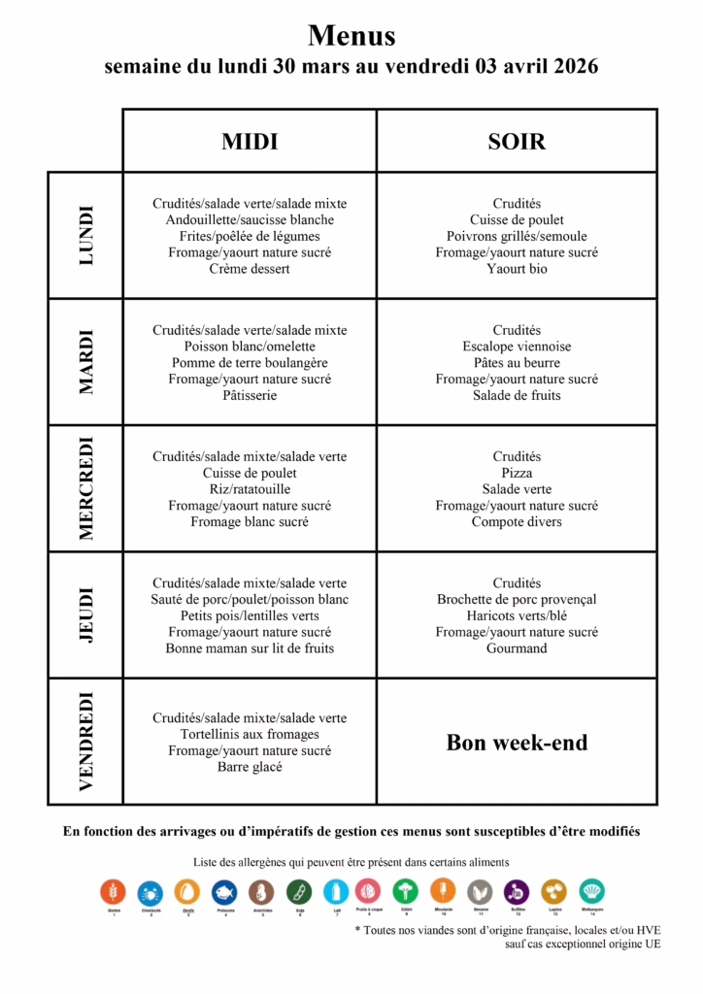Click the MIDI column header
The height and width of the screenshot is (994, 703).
coord(250,142)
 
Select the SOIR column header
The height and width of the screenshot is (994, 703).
coord(517,142)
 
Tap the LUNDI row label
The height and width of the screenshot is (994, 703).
coord(86,235)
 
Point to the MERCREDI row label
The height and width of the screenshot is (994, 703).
coord(86,488)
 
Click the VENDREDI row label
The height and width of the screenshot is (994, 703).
coord(86,741)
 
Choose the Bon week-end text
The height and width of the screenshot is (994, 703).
coord(517,743)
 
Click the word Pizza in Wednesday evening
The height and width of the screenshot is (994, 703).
coord(517,473)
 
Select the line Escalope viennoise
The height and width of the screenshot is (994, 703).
coord(517,347)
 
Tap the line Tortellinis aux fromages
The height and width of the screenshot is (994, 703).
coord(250,735)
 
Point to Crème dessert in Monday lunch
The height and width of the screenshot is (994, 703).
coord(250,269)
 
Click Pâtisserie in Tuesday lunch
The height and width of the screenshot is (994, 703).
coord(250,395)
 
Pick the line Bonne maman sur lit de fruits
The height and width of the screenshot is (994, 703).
coord(250,648)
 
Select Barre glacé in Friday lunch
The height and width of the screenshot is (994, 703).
coord(250,768)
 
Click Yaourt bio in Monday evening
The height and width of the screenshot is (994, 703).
coord(517,269)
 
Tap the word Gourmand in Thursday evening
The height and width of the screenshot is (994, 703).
coord(517,648)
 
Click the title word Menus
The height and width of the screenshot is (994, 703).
coord(351,36)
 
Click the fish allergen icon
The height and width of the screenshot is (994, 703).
coord(224,891)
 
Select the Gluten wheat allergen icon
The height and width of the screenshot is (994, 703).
coord(114,891)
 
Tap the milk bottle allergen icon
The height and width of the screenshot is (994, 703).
coord(334,891)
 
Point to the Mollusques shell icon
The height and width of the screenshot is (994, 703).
coord(592,891)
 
